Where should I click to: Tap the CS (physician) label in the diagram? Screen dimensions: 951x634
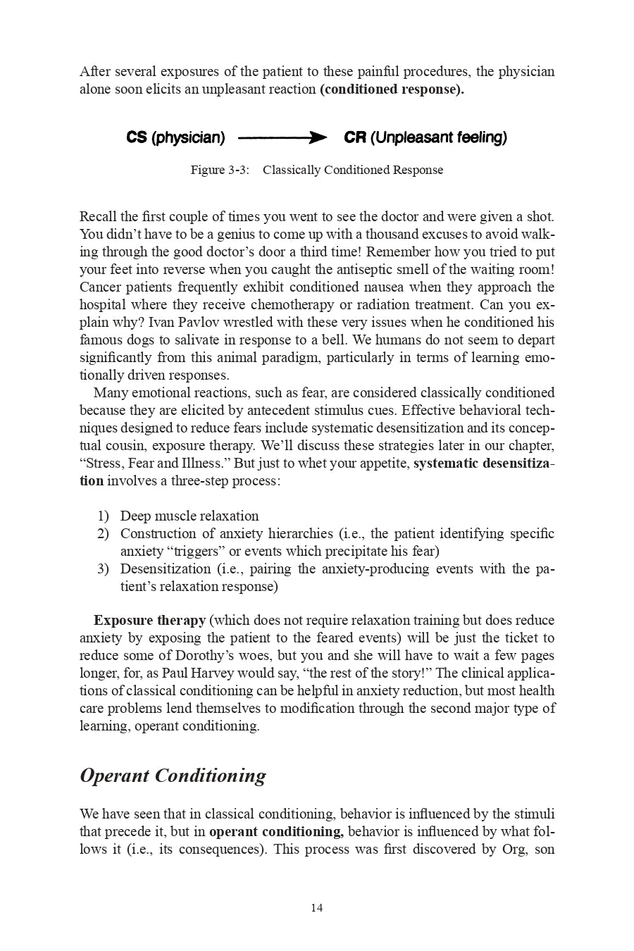point(175,137)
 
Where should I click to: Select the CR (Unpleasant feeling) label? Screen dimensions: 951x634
point(425,137)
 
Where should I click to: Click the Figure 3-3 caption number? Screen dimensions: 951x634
point(220,170)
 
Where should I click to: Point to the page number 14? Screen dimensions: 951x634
point(316,908)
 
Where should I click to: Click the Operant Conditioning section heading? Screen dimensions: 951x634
point(173,776)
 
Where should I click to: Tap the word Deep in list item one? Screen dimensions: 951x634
point(134,516)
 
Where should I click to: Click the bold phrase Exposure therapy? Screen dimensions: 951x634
point(149,621)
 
